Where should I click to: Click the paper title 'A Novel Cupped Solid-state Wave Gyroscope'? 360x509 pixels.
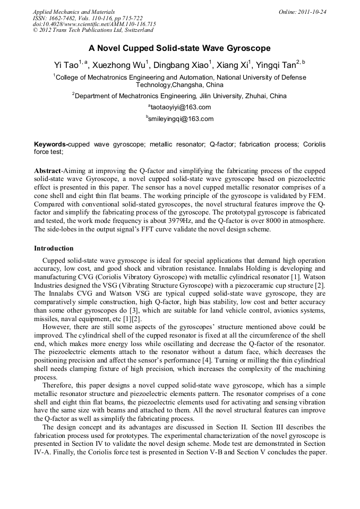(179, 48)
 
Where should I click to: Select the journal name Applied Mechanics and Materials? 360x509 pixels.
(74, 11)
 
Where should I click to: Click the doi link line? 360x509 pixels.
(94, 24)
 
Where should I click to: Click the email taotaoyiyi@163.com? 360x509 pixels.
(180, 107)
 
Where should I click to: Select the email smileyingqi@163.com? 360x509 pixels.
(180, 119)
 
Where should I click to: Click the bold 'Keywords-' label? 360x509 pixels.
(51, 144)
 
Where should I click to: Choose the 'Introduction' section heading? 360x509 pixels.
(54, 248)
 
